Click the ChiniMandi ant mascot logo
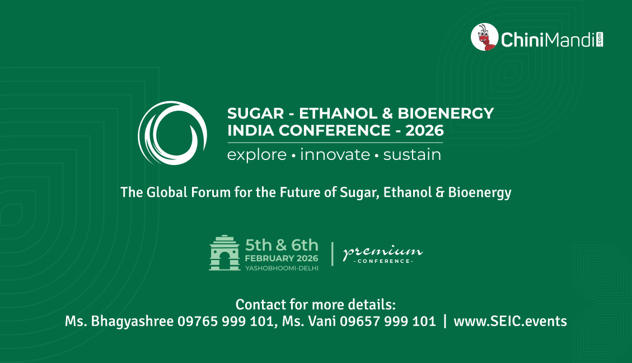(x=484, y=37)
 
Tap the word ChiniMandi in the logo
(x=548, y=40)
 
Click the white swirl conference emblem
(x=172, y=133)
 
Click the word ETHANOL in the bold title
(x=338, y=114)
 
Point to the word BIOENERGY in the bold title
(x=446, y=114)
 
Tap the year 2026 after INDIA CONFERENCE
(x=424, y=130)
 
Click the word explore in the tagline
(x=257, y=155)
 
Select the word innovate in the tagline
(x=335, y=155)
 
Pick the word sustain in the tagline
(x=412, y=155)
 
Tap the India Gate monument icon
(x=225, y=253)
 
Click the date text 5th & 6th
(x=282, y=245)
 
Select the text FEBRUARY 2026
(x=282, y=258)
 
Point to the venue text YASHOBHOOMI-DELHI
(x=282, y=268)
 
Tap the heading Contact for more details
(x=316, y=305)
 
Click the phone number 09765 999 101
(x=225, y=321)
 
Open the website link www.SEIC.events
(x=511, y=321)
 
